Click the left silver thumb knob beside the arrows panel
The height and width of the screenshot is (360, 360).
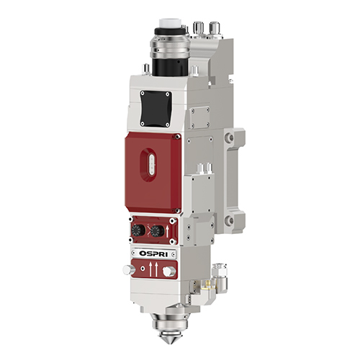click(x=127, y=269)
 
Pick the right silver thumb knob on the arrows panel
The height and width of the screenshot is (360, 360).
click(x=169, y=270)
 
